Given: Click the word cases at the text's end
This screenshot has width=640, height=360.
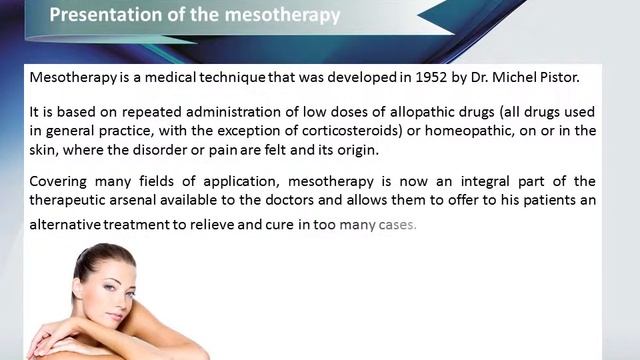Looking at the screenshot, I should pyautogui.click(x=395, y=224).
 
